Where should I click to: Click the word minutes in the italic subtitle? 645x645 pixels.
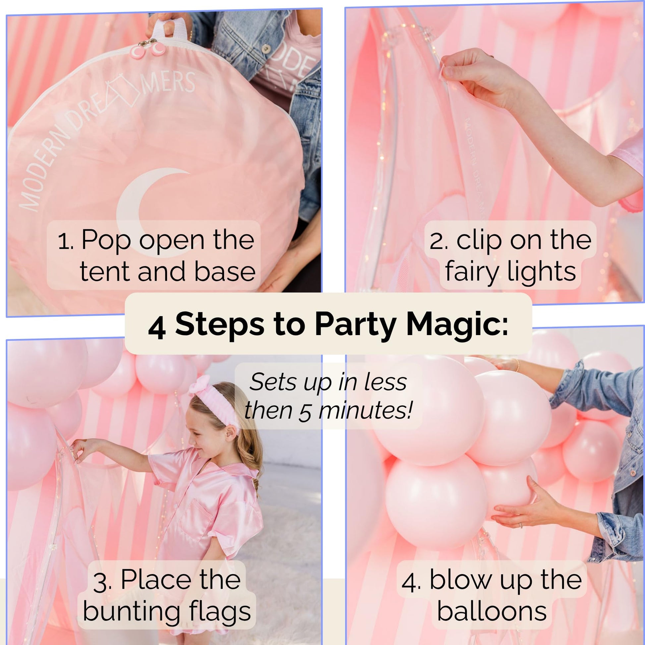pos(366,410)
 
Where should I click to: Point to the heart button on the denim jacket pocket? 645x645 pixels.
pos(266,49)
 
